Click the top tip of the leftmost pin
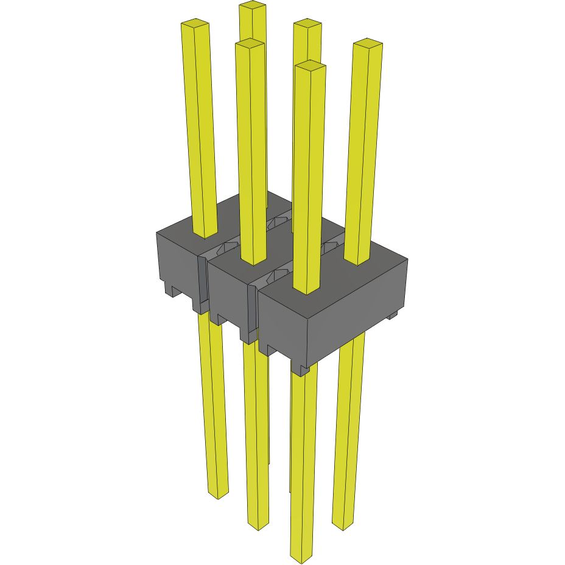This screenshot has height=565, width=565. [195, 24]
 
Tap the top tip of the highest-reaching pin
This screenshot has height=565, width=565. [253, 5]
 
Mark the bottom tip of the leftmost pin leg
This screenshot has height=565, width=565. [218, 494]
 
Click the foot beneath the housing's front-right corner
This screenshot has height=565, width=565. [300, 368]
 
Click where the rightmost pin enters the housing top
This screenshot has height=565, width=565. [357, 261]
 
